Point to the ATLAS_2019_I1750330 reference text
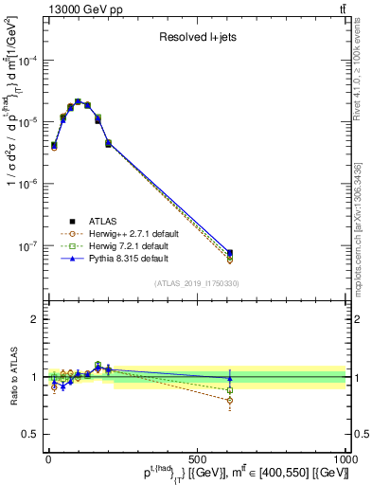[197, 283]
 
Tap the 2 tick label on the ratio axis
[31, 319]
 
